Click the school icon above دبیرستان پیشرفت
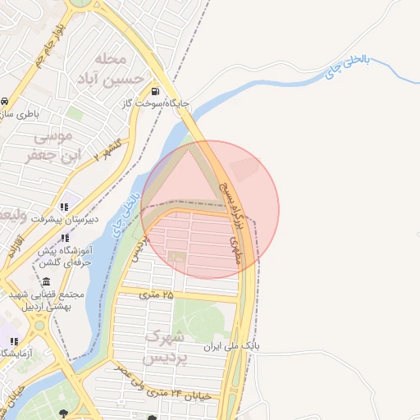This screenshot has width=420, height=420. tap(64, 207)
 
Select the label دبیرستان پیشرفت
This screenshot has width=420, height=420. tap(65, 219)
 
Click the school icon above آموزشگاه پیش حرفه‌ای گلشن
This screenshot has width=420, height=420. tap(65, 238)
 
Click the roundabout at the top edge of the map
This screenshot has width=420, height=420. tap(78, 2)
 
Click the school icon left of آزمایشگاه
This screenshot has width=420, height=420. tap(13, 340)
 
